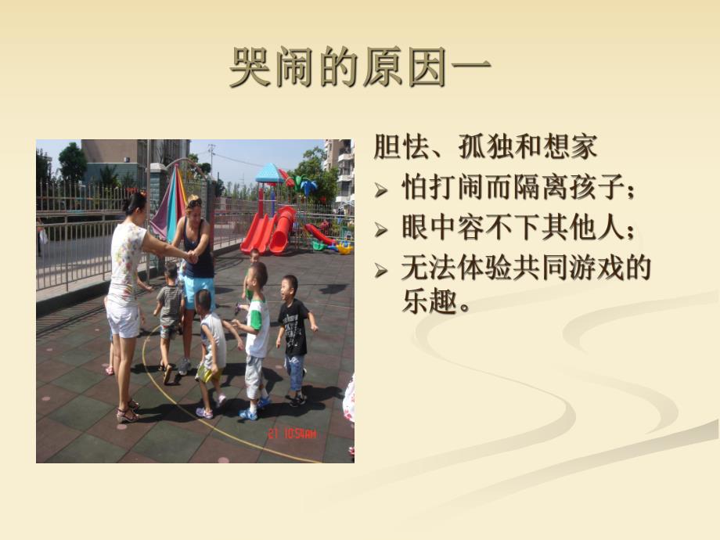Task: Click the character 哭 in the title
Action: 250,69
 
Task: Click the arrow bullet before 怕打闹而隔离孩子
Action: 381,190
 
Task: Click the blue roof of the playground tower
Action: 269,173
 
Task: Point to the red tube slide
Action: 282,229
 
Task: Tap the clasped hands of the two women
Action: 190,257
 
